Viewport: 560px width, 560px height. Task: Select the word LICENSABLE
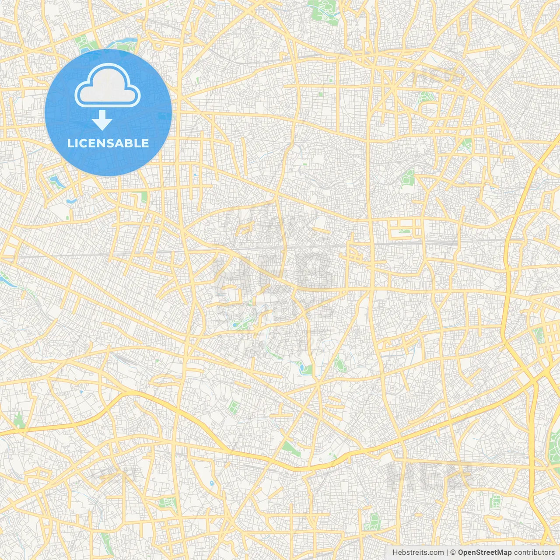[108, 143]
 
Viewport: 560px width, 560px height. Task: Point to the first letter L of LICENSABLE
[70, 143]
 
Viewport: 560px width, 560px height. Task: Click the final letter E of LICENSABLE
[145, 143]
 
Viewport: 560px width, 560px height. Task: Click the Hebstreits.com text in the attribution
[418, 553]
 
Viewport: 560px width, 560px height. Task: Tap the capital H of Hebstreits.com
[395, 553]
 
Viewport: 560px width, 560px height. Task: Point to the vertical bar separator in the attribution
[447, 553]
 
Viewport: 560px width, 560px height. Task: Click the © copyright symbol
[453, 553]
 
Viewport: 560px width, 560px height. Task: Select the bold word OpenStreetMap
[485, 553]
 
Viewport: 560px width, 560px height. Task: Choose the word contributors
[534, 553]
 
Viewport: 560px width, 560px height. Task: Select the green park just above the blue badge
[83, 43]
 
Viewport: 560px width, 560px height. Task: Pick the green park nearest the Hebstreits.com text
[374, 521]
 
